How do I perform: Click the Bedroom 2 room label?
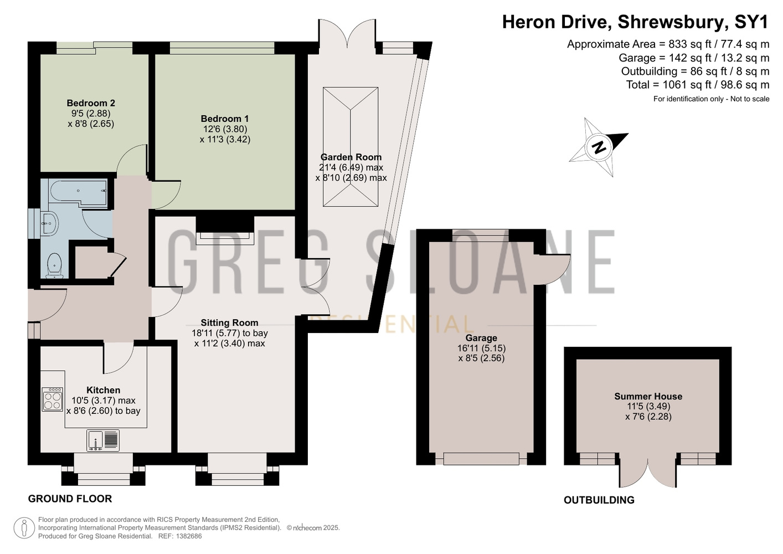(91, 103)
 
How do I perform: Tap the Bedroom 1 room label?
(225, 119)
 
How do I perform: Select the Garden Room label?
(351, 157)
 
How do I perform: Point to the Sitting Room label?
(229, 323)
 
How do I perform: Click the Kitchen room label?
(104, 391)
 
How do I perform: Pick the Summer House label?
(648, 397)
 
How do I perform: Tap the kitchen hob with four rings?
(53, 399)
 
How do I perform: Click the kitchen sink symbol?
(103, 440)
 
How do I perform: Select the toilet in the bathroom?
(54, 265)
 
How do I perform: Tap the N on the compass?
(599, 147)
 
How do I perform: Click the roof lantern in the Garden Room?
(351, 147)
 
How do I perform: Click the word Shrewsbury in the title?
(672, 22)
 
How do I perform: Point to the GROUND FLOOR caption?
(70, 499)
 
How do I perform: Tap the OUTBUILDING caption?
(599, 500)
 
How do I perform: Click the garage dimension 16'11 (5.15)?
(481, 348)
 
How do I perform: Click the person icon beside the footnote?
(24, 528)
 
